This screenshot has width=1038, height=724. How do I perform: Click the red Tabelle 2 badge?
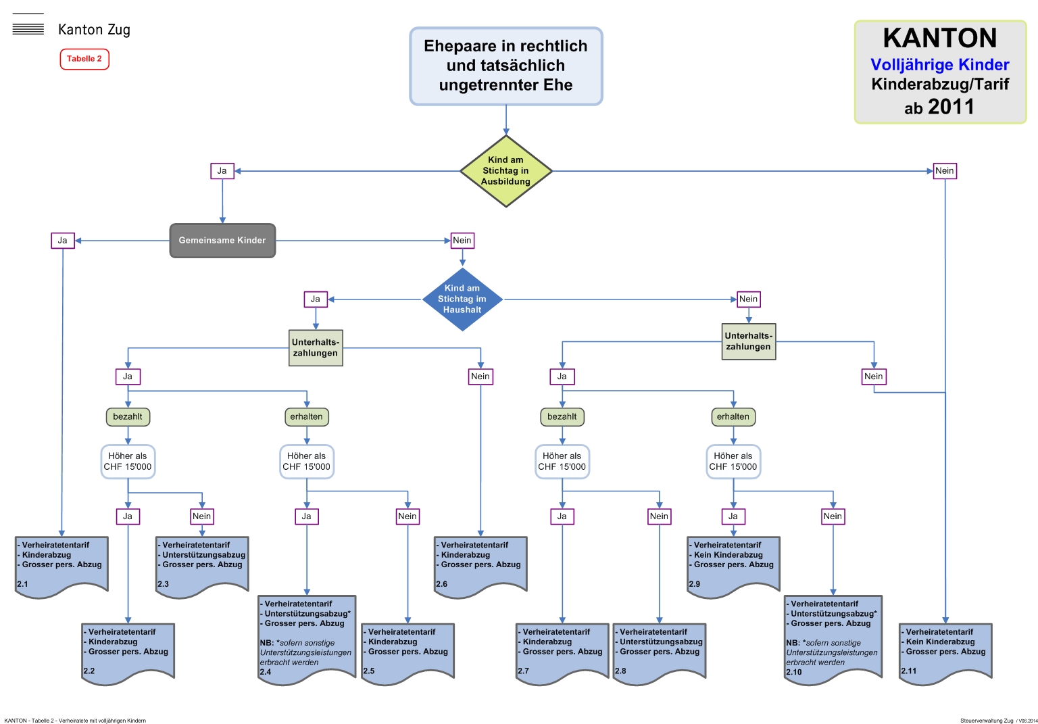pos(84,59)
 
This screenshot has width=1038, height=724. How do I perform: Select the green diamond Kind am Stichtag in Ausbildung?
pos(505,171)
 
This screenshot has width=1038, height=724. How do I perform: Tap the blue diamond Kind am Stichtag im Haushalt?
pos(462,299)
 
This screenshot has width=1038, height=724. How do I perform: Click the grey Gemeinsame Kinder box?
pos(222,241)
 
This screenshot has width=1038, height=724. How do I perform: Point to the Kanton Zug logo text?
pos(94,30)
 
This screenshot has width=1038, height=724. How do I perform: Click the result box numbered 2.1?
pos(61,565)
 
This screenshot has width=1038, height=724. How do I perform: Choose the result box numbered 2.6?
pos(480,565)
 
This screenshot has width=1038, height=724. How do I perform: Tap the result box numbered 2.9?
pos(733,565)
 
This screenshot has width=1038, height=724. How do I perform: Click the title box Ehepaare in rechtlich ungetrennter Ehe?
pos(505,66)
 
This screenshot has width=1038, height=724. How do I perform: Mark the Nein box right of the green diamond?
pos(945,171)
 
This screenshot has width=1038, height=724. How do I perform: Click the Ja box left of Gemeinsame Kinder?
pos(62,241)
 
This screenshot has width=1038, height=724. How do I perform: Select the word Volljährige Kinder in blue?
pos(939,65)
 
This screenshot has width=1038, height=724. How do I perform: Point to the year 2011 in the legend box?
pos(951,107)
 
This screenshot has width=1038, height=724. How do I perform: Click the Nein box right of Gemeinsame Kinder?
pos(462,241)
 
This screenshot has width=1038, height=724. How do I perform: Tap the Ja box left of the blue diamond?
pos(316,299)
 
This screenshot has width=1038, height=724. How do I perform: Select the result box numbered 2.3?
pos(202,565)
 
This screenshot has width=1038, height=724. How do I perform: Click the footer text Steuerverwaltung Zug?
pos(986,721)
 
